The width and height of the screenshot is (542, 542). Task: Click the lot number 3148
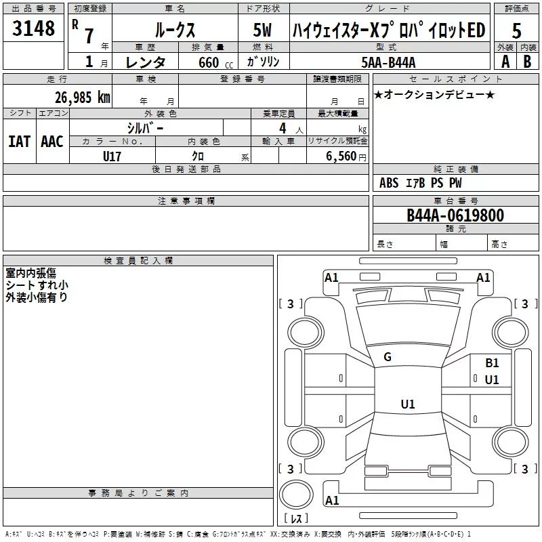tap(33, 28)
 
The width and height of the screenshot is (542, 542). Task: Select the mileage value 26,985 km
tap(83, 98)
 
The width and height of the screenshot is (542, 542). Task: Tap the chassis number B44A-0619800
tap(455, 215)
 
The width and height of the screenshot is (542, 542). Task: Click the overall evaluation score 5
tap(516, 31)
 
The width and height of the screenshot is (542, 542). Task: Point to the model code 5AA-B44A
tap(388, 62)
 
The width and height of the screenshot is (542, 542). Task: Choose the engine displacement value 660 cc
tap(215, 63)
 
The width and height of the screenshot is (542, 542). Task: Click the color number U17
tap(112, 157)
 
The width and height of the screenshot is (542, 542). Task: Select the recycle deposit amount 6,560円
tap(346, 157)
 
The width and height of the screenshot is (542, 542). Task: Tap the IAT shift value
tap(19, 142)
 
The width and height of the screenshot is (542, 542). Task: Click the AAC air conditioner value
tap(52, 142)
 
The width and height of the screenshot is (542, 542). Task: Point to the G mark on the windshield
tap(388, 357)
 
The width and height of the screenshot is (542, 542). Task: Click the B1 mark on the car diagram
tap(492, 363)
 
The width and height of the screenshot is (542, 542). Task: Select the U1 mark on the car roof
tap(408, 404)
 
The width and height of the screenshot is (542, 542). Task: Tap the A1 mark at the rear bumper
tap(332, 500)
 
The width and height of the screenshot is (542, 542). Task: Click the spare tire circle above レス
tap(296, 494)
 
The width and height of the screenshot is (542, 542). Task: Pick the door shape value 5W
tap(262, 30)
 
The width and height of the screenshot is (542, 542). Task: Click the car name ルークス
tap(175, 30)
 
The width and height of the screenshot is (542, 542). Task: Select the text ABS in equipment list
tap(389, 183)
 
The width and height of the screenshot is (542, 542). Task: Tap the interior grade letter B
tap(527, 62)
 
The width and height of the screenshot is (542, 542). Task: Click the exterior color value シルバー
tap(145, 128)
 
